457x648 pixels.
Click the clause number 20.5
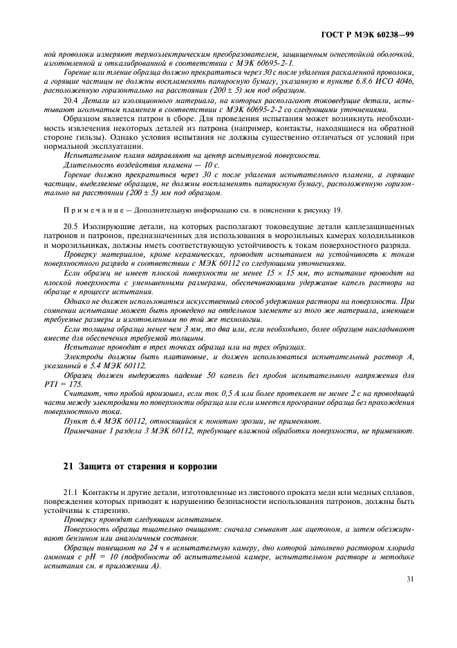coord(71,226)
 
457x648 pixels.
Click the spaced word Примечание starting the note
coord(88,210)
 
